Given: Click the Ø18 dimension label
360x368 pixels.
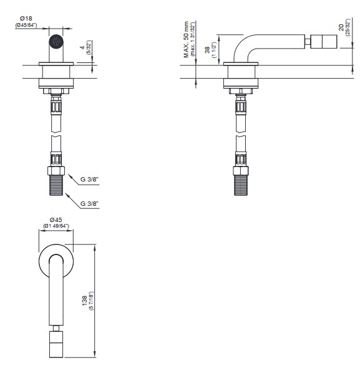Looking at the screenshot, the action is (26, 18).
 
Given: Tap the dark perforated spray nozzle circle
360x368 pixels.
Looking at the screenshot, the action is (56, 42).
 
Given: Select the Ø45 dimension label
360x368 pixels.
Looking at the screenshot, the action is (56, 220).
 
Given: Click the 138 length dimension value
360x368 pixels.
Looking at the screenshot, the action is (84, 301).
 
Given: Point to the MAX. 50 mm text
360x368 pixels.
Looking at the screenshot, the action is (186, 39).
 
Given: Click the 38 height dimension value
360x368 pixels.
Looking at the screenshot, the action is (207, 50).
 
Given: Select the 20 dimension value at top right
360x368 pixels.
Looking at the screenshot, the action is (341, 27).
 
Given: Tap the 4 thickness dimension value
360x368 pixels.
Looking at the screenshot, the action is (82, 47).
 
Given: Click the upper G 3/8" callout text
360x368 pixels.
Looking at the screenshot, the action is (89, 179).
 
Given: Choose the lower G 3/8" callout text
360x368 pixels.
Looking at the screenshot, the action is (89, 204).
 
